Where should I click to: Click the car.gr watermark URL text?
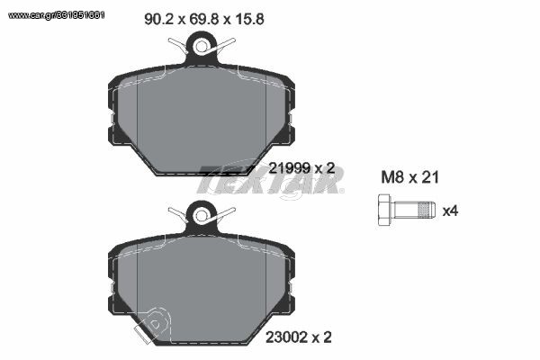(x=56, y=15)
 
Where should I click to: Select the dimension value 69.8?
(x=204, y=19)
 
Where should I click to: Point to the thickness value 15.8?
(x=249, y=19)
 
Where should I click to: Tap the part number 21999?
(x=289, y=168)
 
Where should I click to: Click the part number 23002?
(x=286, y=337)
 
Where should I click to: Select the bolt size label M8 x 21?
(x=409, y=177)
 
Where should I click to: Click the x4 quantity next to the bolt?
(x=450, y=211)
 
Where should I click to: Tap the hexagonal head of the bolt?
(x=384, y=210)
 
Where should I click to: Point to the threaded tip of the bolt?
(x=427, y=210)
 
